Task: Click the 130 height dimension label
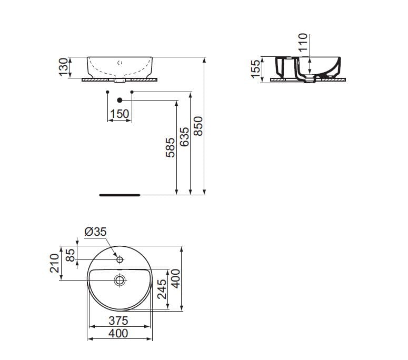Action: click(64, 67)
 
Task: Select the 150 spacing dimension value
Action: click(120, 114)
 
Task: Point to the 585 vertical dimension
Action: click(170, 149)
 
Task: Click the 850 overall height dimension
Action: click(198, 126)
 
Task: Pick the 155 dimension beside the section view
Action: click(256, 69)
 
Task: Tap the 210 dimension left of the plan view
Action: click(55, 263)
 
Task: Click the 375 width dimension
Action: click(118, 321)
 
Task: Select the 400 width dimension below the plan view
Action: click(118, 333)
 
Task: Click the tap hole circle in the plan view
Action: click(120, 259)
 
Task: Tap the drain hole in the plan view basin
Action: click(120, 281)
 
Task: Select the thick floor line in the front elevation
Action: click(120, 194)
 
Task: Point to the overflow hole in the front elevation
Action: click(120, 63)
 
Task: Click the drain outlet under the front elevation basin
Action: click(120, 82)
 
